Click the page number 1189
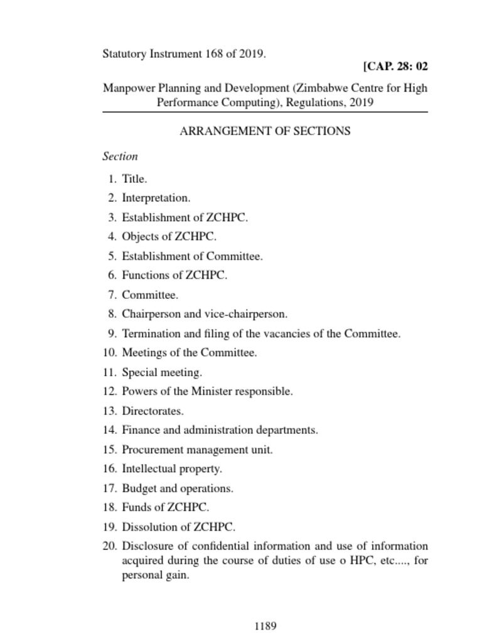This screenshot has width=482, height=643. point(265,626)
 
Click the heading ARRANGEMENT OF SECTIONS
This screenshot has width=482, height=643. point(265,131)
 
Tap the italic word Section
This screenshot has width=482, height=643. point(120,156)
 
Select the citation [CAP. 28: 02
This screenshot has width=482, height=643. point(395,67)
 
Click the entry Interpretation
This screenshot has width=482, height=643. point(156,198)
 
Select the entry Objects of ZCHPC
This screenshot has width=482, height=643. point(169,237)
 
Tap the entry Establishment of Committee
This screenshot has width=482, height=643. point(192,256)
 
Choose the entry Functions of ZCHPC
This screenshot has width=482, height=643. point(174,275)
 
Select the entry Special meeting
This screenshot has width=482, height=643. point(162,372)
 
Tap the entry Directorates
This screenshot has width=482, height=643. point(153,411)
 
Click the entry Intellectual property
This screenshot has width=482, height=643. point(172,469)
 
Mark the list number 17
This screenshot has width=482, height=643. point(110,489)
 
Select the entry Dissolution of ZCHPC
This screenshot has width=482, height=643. point(179,527)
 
